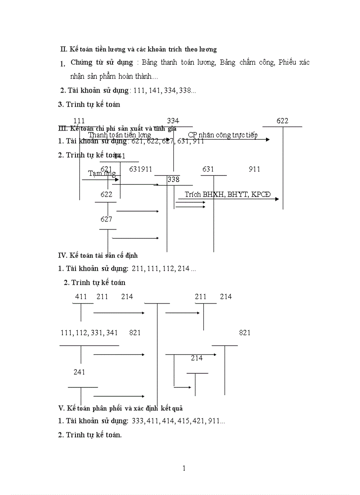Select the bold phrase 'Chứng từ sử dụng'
tap(101, 62)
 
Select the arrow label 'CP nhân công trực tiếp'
tap(222, 135)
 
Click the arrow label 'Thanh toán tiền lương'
tap(120, 135)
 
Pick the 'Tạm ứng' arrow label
tap(102, 173)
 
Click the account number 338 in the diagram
tap(173, 179)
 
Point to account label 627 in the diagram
tap(106, 219)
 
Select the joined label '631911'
tap(141, 169)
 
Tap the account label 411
tap(81, 297)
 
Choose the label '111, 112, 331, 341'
tap(89, 333)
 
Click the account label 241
tap(79, 372)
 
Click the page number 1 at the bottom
tap(184, 468)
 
